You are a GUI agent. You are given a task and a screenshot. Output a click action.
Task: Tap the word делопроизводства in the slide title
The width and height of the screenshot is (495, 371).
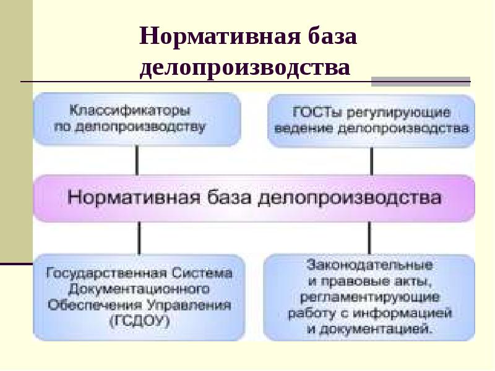pos(245,66)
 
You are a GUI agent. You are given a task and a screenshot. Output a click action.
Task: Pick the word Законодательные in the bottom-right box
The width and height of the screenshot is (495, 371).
pos(369,266)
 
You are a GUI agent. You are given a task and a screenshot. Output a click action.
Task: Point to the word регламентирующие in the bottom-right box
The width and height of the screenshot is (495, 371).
pos(369,297)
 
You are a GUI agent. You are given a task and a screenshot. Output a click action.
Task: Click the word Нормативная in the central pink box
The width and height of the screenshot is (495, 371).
pos(130,198)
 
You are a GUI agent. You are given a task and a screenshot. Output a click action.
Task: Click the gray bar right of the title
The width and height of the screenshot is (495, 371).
pos(420,81)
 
